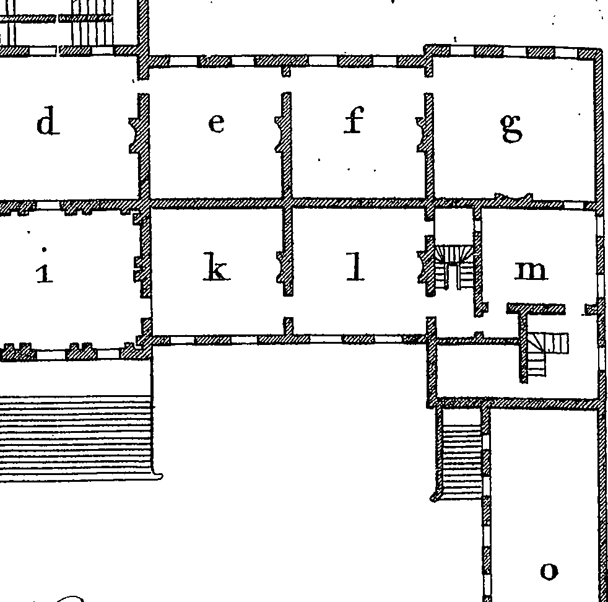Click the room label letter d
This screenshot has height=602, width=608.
pyautogui.click(x=48, y=123)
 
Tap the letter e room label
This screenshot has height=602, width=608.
pyautogui.click(x=216, y=123)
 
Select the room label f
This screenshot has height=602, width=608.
pyautogui.click(x=354, y=120)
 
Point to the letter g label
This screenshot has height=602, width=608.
pyautogui.click(x=511, y=128)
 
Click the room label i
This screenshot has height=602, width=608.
pyautogui.click(x=44, y=266)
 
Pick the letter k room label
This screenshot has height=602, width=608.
pyautogui.click(x=216, y=266)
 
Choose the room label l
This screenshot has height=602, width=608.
pyautogui.click(x=355, y=266)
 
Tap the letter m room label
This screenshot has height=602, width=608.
pyautogui.click(x=531, y=271)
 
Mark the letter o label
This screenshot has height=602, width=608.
pyautogui.click(x=549, y=570)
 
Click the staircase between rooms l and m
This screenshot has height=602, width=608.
pyautogui.click(x=454, y=267)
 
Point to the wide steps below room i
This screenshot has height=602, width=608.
pyautogui.click(x=76, y=438)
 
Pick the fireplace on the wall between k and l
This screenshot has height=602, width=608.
pyautogui.click(x=282, y=268)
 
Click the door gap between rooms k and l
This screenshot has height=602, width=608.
pyautogui.click(x=288, y=307)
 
